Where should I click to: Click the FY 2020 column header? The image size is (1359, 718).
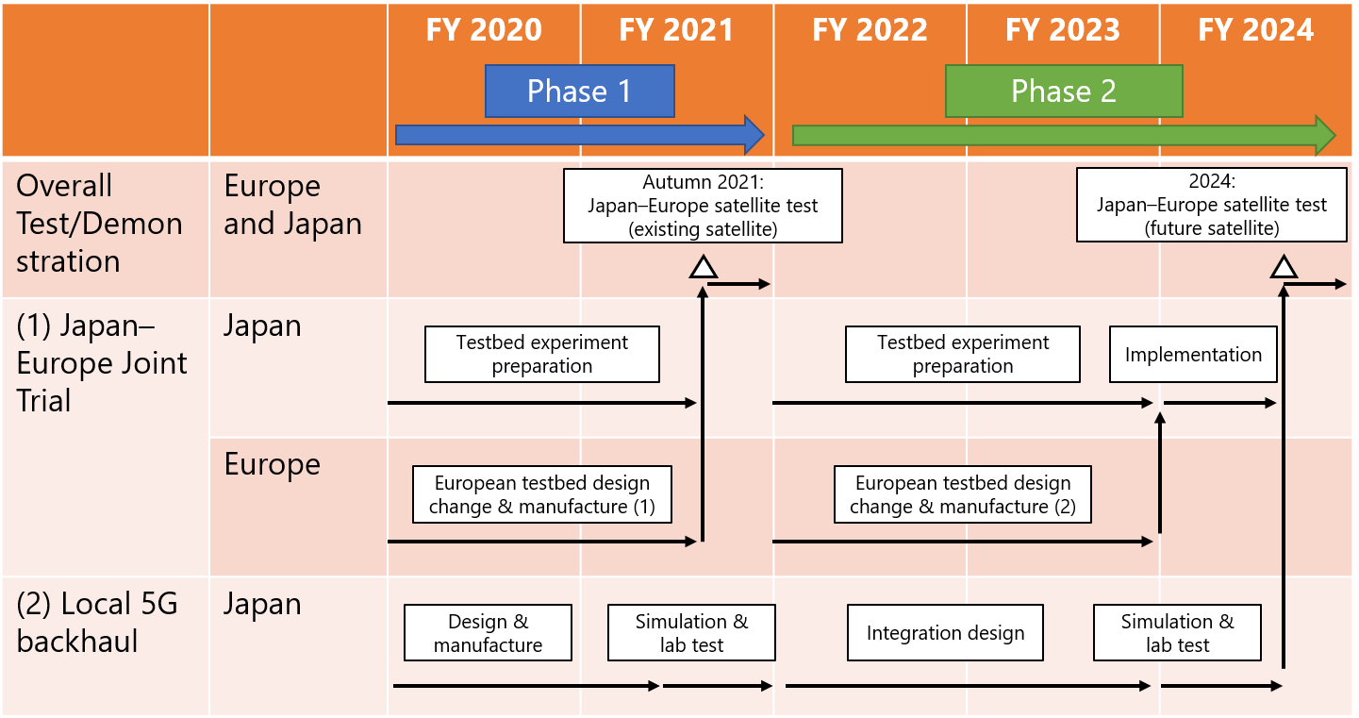click(484, 30)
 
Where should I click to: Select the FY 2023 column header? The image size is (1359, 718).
click(1062, 30)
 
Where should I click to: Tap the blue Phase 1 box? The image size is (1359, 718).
click(580, 91)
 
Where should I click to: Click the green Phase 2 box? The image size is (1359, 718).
click(1064, 91)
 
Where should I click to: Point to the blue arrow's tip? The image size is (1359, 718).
click(765, 135)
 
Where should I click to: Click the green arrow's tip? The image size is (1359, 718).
click(1335, 135)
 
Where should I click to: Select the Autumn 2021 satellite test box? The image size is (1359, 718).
click(703, 206)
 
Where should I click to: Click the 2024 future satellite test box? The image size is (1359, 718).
click(1212, 205)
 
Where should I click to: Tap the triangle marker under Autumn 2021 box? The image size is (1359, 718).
click(704, 268)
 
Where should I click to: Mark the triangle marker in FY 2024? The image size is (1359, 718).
click(1284, 268)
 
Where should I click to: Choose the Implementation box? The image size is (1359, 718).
click(1193, 355)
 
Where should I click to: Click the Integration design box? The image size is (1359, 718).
click(945, 632)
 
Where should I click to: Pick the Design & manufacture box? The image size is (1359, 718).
click(488, 632)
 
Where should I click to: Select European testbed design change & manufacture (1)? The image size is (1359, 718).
click(541, 494)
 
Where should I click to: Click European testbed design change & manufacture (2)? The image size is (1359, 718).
click(963, 494)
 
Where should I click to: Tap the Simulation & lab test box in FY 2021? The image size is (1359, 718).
click(691, 632)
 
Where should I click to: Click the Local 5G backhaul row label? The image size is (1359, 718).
click(97, 622)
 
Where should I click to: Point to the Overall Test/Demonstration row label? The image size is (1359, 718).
click(99, 224)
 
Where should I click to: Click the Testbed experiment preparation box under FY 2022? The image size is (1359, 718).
click(963, 355)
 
